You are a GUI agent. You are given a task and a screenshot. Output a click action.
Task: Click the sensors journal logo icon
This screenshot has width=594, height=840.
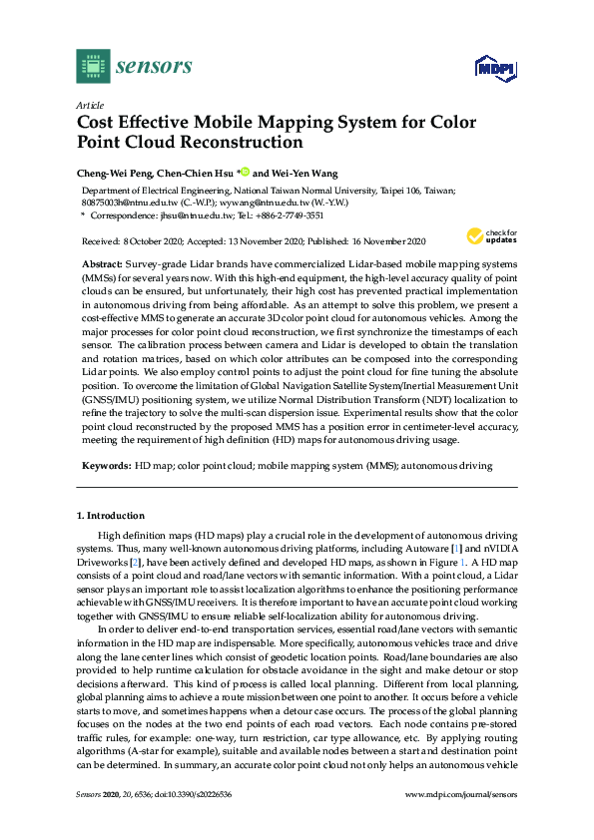coord(93,66)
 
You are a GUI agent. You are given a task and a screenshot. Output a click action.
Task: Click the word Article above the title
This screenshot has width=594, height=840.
coord(89,105)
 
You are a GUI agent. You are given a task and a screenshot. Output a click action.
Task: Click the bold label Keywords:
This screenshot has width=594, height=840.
coord(106,466)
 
